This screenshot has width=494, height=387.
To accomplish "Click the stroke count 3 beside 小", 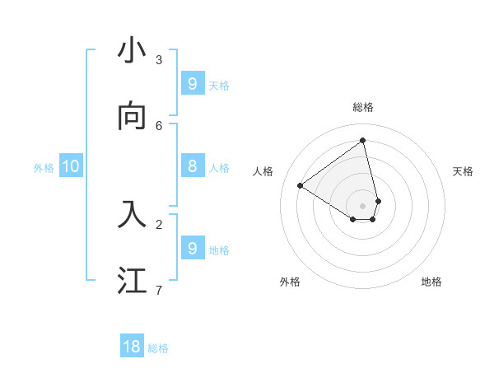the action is (x=159, y=59).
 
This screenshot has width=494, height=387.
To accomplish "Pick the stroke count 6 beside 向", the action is (x=159, y=125).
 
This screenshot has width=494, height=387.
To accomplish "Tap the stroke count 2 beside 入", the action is (x=159, y=223).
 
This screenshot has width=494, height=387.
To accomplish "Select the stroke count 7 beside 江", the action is (x=159, y=289).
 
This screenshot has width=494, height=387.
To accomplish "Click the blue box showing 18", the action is (x=132, y=347).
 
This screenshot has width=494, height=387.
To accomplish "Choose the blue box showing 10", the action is (x=71, y=166).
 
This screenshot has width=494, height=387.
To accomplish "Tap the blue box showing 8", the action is (x=193, y=166).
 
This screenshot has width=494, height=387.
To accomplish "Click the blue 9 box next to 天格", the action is (x=193, y=83).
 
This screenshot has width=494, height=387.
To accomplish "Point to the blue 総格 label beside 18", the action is (x=158, y=348).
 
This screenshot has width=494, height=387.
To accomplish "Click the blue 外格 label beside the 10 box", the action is (x=44, y=168).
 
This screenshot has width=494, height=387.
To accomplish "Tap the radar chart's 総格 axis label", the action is (x=363, y=107).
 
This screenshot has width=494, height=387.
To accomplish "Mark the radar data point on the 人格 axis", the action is (x=300, y=186).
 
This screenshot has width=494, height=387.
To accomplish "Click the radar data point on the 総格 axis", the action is (x=363, y=140).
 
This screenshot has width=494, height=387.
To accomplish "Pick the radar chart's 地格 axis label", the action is (x=431, y=282).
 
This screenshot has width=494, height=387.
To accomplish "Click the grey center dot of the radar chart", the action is (x=363, y=206).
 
